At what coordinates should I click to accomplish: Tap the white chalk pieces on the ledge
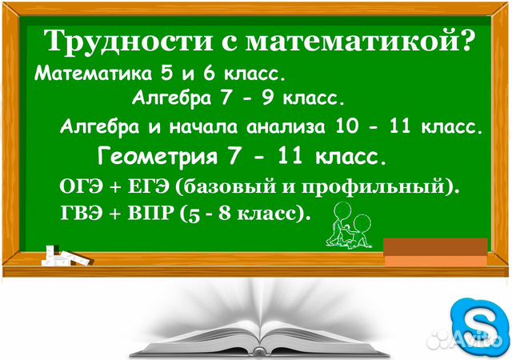(x=67, y=254)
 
